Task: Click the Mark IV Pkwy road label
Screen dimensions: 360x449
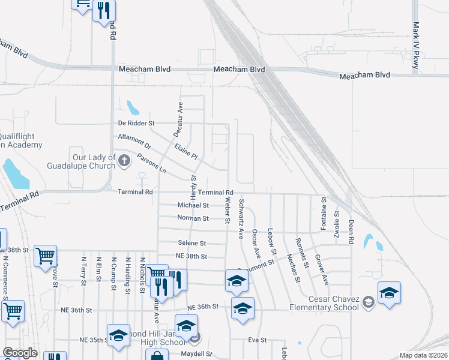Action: click(415, 46)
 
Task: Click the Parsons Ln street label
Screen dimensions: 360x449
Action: click(151, 163)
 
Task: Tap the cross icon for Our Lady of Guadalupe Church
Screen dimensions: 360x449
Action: click(124, 160)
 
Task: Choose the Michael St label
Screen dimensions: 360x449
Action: click(193, 205)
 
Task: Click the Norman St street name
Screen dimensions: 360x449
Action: click(193, 218)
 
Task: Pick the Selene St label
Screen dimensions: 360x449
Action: click(191, 243)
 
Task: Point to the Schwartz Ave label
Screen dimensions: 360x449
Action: click(241, 218)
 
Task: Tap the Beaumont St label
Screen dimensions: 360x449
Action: click(257, 266)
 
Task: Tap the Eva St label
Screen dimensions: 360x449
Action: click(257, 340)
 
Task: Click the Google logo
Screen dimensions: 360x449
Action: click(20, 353)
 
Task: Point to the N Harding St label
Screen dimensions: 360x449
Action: click(128, 275)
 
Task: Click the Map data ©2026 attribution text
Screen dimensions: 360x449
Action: click(423, 355)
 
